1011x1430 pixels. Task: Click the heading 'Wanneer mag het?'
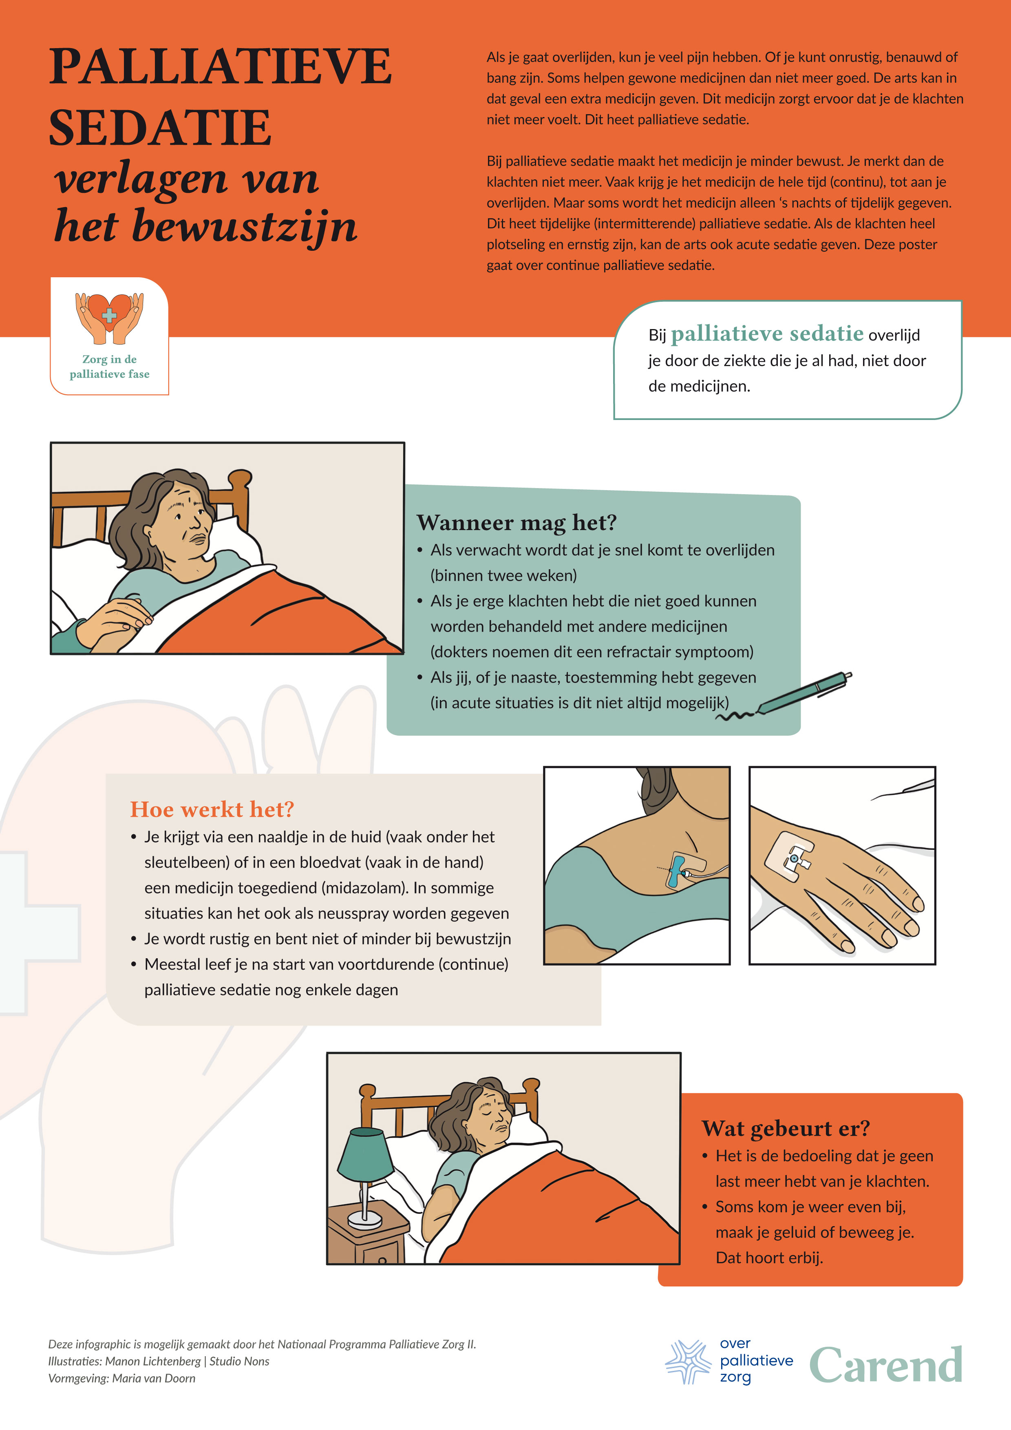[x=516, y=523]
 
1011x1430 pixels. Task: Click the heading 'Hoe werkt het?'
[x=212, y=809]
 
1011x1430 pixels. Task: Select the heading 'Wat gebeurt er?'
[x=785, y=1128]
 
